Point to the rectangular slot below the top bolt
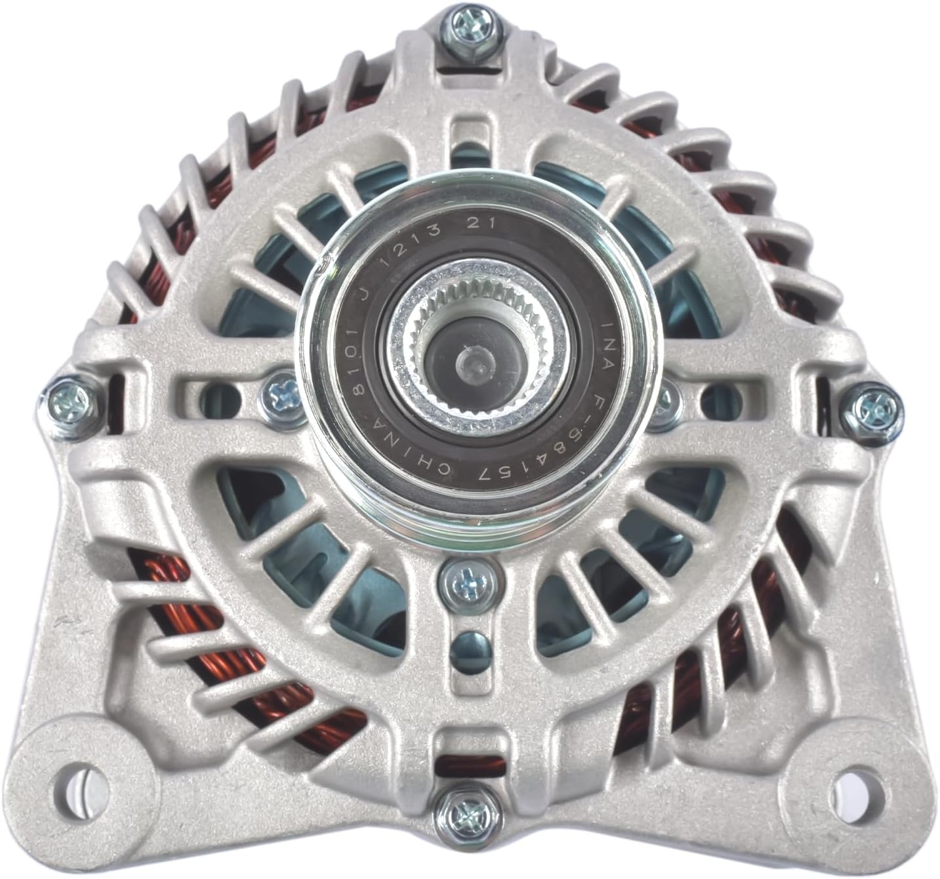pyautogui.click(x=467, y=131)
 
